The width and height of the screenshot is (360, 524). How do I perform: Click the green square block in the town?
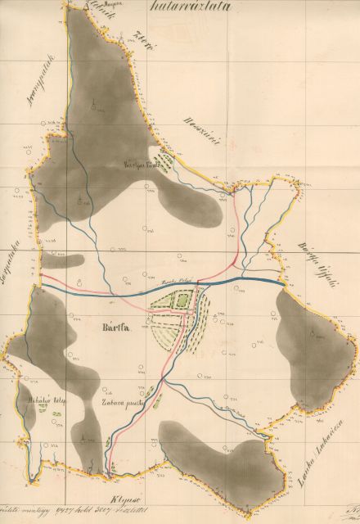(x=180, y=301)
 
